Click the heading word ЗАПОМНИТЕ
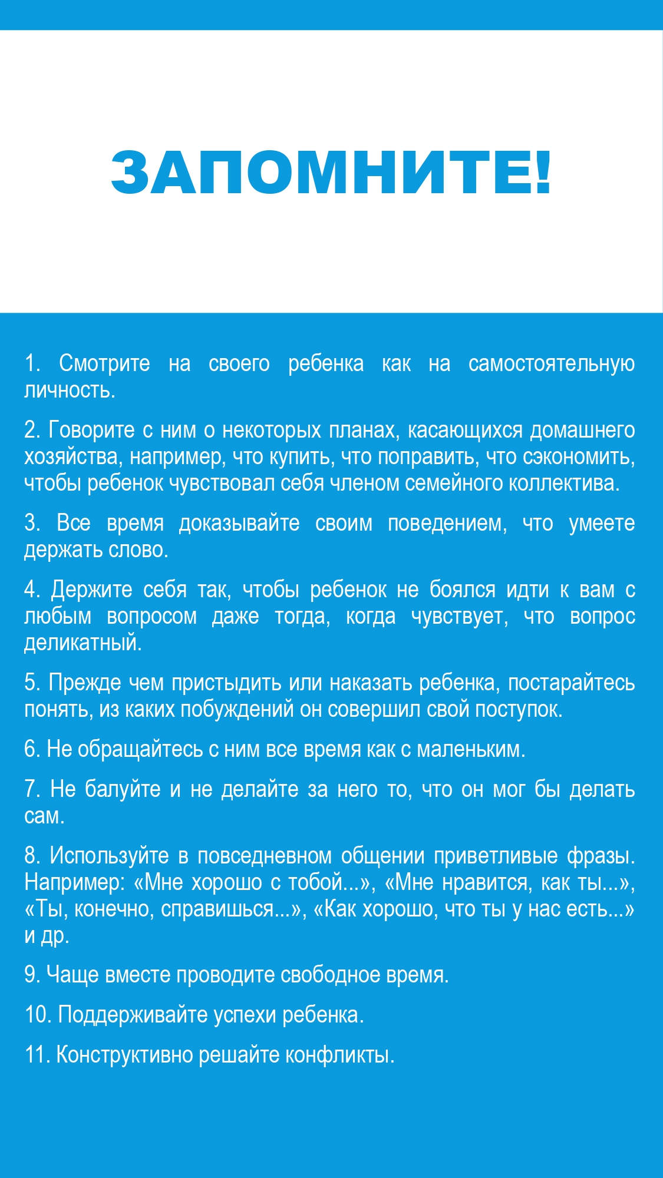click(322, 172)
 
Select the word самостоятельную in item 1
click(551, 364)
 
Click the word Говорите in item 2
click(91, 431)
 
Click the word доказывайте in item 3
click(239, 523)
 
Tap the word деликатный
click(83, 643)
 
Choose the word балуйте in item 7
click(123, 789)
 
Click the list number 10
click(38, 1015)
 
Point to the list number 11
click(37, 1054)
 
